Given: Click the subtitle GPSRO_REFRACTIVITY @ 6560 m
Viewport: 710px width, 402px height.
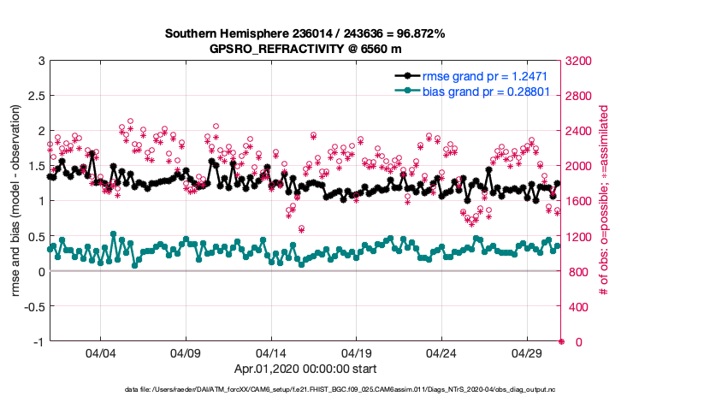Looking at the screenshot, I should click(x=305, y=49).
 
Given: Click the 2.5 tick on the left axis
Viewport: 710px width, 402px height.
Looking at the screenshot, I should click(x=35, y=96).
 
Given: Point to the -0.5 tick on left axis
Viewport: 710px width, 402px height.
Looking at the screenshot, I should click(x=32, y=307).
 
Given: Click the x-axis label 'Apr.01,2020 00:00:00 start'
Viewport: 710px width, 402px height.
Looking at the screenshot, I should click(x=305, y=369).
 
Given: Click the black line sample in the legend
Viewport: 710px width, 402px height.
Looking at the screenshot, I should click(x=407, y=76).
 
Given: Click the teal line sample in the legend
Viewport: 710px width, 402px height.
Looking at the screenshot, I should click(x=407, y=90).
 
